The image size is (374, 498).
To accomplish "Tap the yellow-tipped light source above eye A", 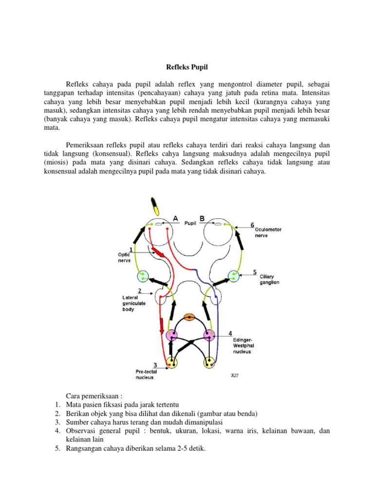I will click(155, 206).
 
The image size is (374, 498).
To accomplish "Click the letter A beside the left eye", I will click(174, 219).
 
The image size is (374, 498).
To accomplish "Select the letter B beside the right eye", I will click(202, 218).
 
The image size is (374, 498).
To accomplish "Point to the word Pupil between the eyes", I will click(189, 224).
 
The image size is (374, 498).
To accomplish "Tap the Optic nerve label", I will click(125, 257).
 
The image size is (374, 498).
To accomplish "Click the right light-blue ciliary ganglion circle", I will click(234, 276).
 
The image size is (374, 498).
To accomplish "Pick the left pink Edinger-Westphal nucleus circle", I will click(171, 335).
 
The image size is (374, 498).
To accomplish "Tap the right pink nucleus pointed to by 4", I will click(209, 335).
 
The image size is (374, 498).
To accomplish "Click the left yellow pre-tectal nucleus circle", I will click(171, 362).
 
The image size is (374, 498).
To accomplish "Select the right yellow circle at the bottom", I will click(209, 362).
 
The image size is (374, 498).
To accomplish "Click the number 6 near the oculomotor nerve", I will click(252, 225).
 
